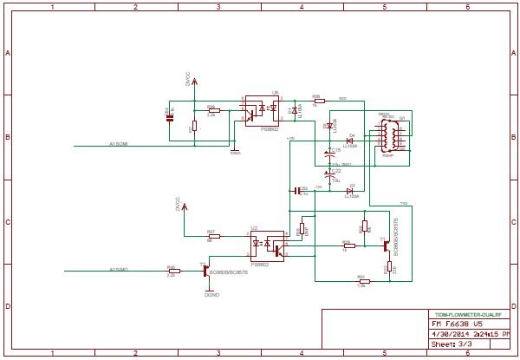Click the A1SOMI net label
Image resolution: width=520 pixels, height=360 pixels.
pyautogui.click(x=118, y=144)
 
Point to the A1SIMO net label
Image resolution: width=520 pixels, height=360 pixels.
pyautogui.click(x=119, y=270)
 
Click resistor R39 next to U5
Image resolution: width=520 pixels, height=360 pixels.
pyautogui.click(x=212, y=110)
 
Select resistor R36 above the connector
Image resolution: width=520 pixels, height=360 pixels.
pyautogui.click(x=318, y=101)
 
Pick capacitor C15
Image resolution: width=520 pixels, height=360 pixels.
pyautogui.click(x=329, y=154)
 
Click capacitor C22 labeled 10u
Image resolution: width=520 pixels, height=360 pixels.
pyautogui.click(x=329, y=174)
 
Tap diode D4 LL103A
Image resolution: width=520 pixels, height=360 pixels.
pyautogui.click(x=350, y=140)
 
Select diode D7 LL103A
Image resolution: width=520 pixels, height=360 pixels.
pyautogui.click(x=350, y=190)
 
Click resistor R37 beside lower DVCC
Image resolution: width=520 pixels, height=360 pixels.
pyautogui.click(x=212, y=236)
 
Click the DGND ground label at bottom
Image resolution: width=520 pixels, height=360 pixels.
pyautogui.click(x=211, y=295)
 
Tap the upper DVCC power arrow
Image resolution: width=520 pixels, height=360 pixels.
pyautogui.click(x=193, y=82)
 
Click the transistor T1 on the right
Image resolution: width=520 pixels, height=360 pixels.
pyautogui.click(x=387, y=246)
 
